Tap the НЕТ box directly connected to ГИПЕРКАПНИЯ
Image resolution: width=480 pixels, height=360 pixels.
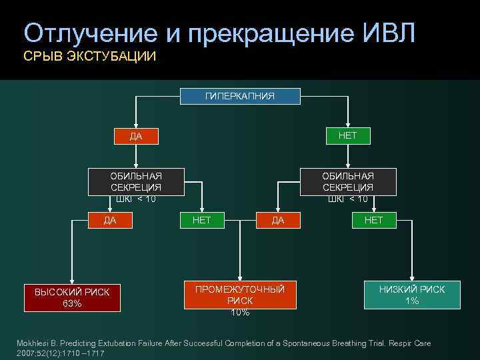[347, 135]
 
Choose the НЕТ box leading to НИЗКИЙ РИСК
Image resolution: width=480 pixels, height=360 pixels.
[374, 220]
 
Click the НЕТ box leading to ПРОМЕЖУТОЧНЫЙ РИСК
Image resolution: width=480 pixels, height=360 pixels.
[201, 220]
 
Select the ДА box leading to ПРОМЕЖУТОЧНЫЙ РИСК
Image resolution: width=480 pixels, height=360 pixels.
[278, 220]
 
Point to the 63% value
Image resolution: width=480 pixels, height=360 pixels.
[72, 304]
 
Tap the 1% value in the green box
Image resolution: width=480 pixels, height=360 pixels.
[412, 301]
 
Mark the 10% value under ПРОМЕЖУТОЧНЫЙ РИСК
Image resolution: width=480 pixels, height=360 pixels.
[240, 312]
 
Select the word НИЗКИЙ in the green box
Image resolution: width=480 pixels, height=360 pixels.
[398, 289]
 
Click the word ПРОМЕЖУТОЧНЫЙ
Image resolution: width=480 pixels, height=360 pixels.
[240, 289]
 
